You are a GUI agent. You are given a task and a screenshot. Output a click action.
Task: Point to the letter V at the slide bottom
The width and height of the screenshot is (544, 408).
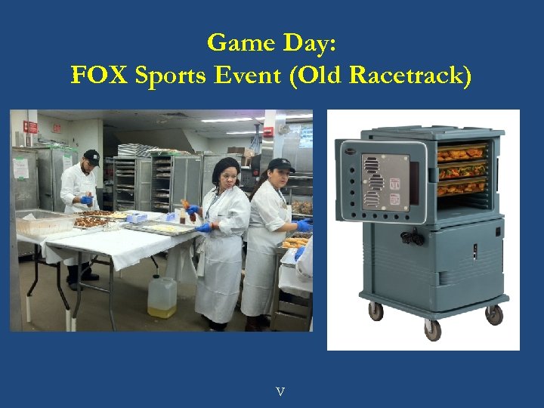[280, 391]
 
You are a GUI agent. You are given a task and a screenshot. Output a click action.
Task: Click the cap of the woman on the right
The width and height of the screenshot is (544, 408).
[280, 165]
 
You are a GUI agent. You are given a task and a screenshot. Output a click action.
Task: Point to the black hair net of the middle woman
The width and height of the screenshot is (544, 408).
[224, 167]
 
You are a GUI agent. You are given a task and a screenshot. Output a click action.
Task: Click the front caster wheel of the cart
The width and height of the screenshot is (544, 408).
[432, 329]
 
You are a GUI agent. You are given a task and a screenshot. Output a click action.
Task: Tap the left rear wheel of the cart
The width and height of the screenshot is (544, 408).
[374, 310]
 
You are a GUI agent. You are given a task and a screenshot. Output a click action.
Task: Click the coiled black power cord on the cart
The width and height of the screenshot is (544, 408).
[412, 236]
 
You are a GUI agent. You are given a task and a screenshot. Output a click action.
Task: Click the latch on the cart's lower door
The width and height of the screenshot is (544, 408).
[475, 251]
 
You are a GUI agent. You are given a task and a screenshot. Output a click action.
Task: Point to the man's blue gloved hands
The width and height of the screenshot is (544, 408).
[87, 201]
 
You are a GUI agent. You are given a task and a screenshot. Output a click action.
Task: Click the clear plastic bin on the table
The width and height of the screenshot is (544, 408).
[45, 224]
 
